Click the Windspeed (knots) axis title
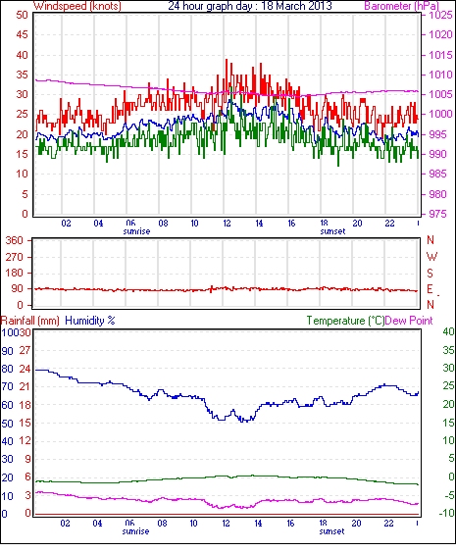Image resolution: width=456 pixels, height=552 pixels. click(77, 6)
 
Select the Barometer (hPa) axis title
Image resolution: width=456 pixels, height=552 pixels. click(401, 6)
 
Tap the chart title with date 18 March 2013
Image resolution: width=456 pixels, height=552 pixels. click(250, 6)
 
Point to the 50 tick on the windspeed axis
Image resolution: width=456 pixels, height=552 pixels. click(22, 15)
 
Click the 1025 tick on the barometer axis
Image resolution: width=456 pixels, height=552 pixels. click(440, 15)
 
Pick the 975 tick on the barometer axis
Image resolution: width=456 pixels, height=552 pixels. click(437, 214)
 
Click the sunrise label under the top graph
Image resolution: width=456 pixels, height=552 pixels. click(136, 231)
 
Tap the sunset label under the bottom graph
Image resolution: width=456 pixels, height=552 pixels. click(332, 531)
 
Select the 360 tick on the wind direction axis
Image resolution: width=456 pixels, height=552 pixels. click(15, 241)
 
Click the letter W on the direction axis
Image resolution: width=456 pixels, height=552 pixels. click(431, 257)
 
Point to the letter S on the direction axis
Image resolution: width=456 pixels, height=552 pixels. click(430, 273)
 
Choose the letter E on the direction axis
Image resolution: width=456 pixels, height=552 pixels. click(430, 289)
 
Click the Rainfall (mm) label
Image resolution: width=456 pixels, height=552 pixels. click(30, 321)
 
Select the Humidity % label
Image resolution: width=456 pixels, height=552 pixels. click(90, 321)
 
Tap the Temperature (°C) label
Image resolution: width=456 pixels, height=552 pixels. click(345, 321)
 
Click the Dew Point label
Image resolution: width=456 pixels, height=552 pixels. click(409, 321)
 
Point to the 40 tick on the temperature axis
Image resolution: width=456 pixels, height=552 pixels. click(448, 331)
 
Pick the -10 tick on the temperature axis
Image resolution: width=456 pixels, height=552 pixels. click(446, 514)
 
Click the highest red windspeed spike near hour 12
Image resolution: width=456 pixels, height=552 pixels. click(227, 60)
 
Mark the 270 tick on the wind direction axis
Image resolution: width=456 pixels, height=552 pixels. click(15, 257)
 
